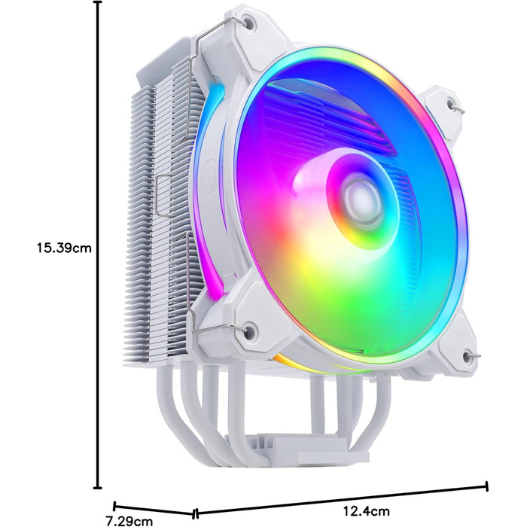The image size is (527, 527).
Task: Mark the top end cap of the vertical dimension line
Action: (x=97, y=3)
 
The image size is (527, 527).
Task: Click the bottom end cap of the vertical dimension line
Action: (x=97, y=488)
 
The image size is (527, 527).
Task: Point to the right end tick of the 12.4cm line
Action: (x=487, y=486)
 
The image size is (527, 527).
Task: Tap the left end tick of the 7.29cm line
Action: (x=114, y=506)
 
